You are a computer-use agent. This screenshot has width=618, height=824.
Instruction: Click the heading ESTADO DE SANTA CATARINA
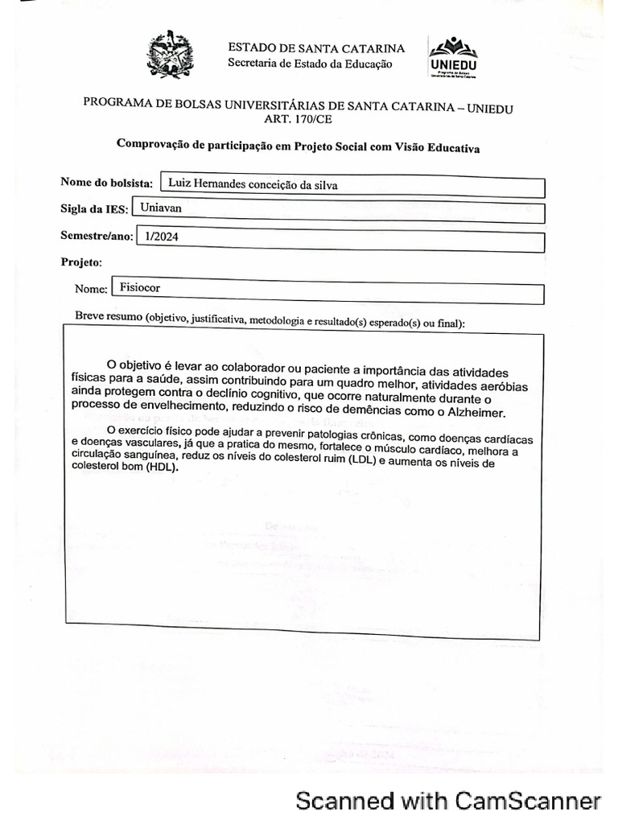click(x=316, y=48)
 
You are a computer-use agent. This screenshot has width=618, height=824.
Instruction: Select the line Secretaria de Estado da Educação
click(x=310, y=64)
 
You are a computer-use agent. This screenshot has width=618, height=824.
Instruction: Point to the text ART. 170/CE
click(x=298, y=120)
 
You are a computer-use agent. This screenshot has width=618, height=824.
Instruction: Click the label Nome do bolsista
click(x=106, y=183)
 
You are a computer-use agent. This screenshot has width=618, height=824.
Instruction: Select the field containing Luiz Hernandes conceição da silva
click(x=352, y=185)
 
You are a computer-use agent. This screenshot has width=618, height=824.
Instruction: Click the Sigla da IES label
click(x=93, y=209)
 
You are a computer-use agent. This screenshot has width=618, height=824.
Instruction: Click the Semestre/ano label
click(x=96, y=236)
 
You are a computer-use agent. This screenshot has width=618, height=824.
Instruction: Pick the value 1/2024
click(x=160, y=237)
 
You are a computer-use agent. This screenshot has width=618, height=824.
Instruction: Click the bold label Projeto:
click(x=81, y=262)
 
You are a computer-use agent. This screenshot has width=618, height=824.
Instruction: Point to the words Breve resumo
click(x=109, y=315)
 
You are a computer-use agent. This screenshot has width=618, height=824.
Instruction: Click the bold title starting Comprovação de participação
click(x=298, y=146)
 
